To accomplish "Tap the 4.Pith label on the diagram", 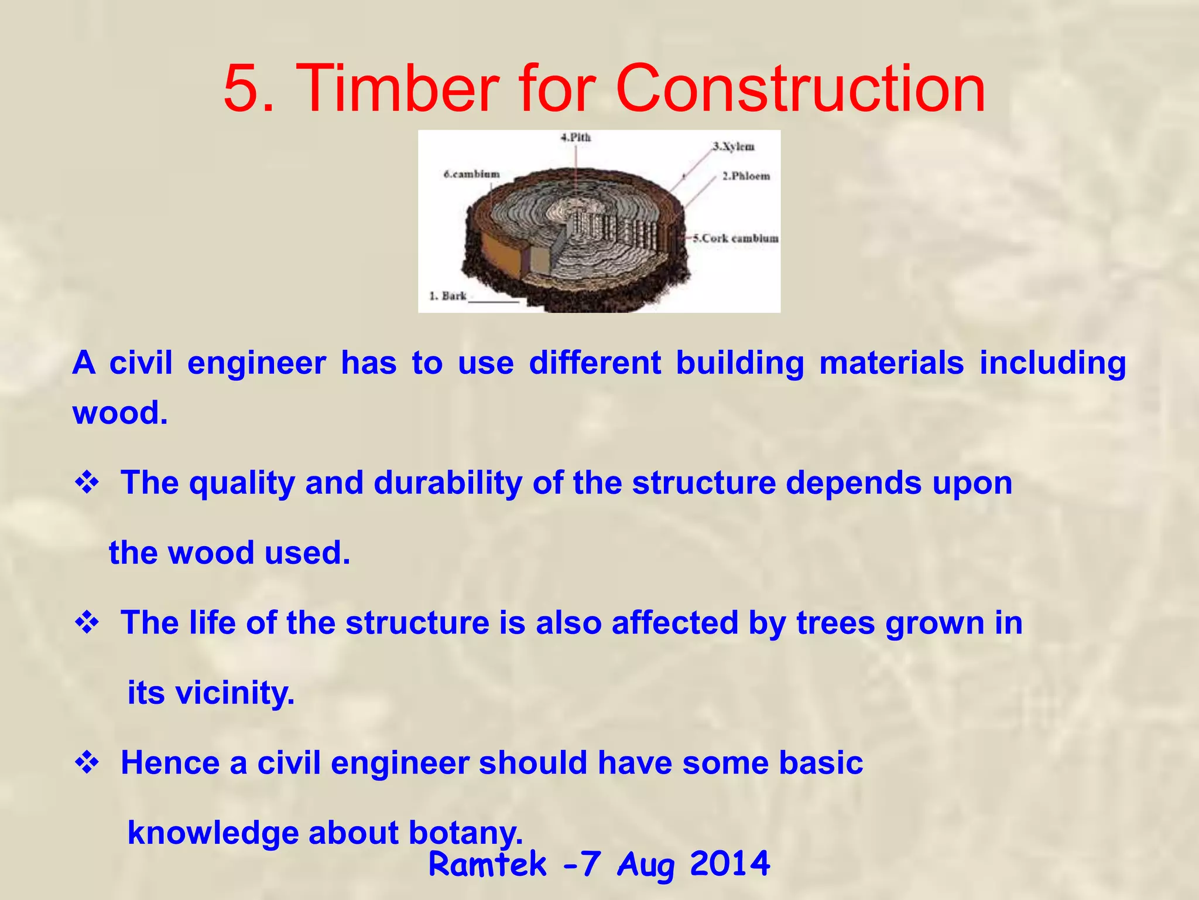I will click(575, 138).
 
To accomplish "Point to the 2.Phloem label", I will click(745, 176).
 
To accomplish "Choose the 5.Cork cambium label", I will click(735, 238).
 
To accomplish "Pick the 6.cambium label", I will click(471, 174).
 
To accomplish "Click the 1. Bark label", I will click(448, 296).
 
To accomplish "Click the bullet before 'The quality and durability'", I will click(87, 483).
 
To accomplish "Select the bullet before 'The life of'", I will click(87, 623).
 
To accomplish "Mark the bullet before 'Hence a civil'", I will click(87, 763).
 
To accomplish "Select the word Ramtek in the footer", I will click(487, 864).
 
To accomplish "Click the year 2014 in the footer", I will click(729, 863).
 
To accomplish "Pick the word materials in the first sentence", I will click(891, 363).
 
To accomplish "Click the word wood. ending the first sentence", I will click(120, 412).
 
